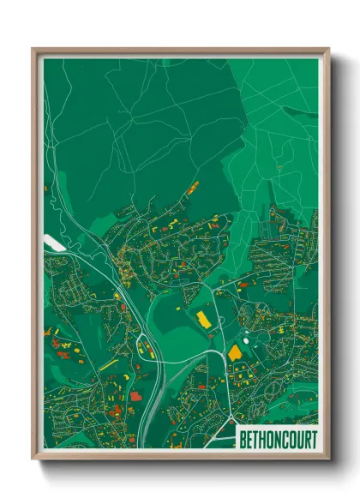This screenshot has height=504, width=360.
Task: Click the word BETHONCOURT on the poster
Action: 277,440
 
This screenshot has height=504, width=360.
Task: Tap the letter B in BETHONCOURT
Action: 243,440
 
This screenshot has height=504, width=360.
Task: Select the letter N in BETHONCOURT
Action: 278,440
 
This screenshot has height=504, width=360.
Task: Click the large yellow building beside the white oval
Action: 235,351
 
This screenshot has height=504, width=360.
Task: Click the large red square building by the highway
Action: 135,396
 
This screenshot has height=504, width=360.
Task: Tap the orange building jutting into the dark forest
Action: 193,186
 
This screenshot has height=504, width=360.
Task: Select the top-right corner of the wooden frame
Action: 328,49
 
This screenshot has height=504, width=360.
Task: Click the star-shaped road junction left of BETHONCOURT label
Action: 230,419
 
